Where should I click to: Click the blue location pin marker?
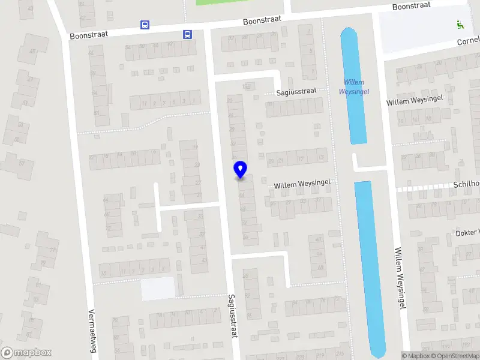tap(240, 169)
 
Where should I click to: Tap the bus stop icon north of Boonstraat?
tap(145, 25)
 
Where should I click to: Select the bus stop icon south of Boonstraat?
tap(188, 34)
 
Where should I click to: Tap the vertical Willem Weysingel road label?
tap(398, 277)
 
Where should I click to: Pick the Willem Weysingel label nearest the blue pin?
tap(302, 185)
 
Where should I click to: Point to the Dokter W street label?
tap(467, 232)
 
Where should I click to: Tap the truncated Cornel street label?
tap(468, 42)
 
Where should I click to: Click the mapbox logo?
tap(26, 353)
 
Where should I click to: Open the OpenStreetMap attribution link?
tap(458, 356)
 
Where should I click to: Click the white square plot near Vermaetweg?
tap(158, 288)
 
